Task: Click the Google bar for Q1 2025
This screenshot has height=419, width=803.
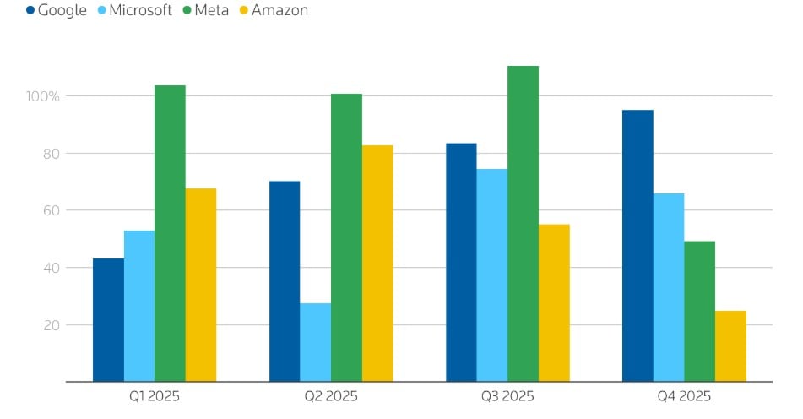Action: (x=108, y=320)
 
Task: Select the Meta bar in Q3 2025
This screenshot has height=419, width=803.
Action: (x=523, y=224)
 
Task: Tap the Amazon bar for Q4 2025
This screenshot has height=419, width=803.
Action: (x=730, y=346)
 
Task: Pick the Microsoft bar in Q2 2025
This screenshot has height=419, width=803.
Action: (x=316, y=342)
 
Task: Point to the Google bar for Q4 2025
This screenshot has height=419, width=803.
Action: (x=638, y=246)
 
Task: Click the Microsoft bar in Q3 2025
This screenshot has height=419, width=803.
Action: (x=492, y=275)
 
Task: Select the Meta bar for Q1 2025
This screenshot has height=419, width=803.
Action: (x=170, y=233)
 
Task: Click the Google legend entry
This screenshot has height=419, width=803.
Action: (x=56, y=11)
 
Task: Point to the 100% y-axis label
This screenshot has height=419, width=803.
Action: (x=42, y=96)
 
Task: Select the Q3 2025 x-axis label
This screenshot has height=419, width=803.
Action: (x=507, y=395)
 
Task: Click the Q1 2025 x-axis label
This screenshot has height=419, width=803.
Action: (x=154, y=395)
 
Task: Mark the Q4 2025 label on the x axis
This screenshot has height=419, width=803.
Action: (x=683, y=395)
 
